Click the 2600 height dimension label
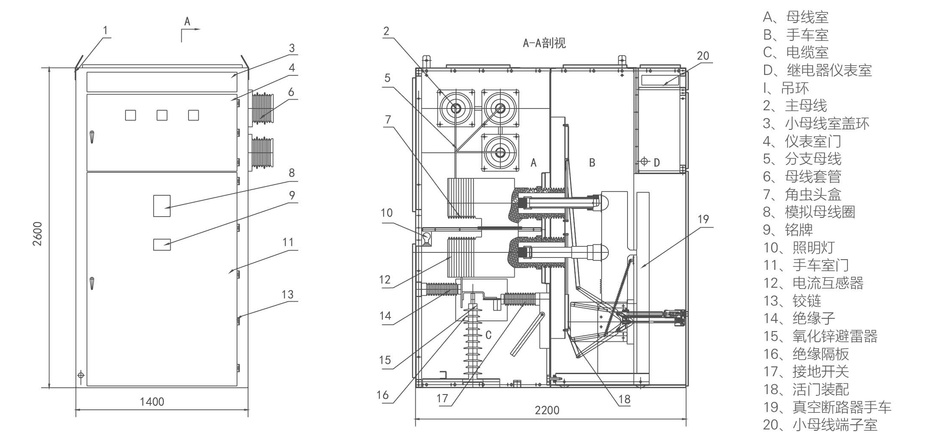point(37,234)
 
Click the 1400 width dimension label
point(152,402)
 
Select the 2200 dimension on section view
point(547,410)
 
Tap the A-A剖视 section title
point(544,43)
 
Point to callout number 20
point(703,56)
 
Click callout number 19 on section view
point(703,219)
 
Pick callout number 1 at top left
point(106,30)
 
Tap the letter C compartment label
point(488,335)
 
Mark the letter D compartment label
point(657,162)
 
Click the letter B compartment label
point(592,162)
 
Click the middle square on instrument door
point(162,115)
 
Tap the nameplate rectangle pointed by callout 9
point(162,244)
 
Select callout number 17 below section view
point(442,398)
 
